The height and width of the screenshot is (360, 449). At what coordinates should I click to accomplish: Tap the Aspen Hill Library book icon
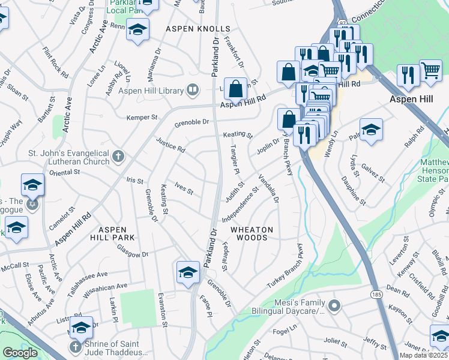193,91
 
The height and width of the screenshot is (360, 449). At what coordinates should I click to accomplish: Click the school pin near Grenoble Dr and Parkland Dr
188,272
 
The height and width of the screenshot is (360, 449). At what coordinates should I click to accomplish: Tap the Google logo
20,353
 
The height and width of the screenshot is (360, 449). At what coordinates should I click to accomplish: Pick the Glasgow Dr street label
133,251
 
